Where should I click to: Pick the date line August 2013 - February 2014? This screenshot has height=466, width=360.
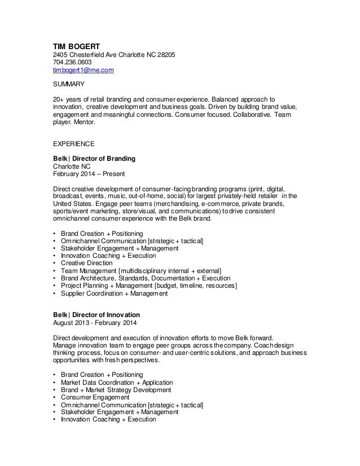pos(94,322)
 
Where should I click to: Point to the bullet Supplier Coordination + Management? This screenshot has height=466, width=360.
pos(113,293)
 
